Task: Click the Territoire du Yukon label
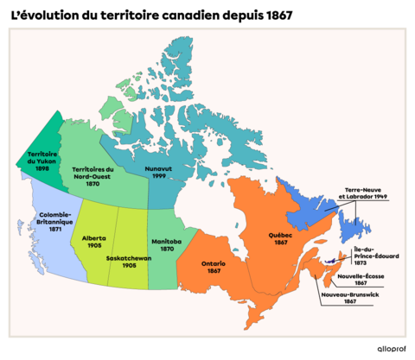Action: [30, 156]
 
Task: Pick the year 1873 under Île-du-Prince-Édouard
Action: [361, 262]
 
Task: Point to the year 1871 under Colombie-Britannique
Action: [55, 230]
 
